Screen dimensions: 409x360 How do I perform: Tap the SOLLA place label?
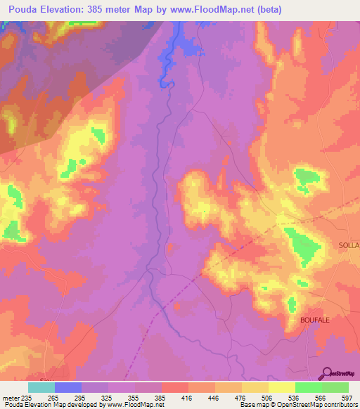[349, 245]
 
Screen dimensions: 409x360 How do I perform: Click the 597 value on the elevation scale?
[347, 397]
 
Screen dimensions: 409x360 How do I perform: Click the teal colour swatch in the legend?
[41, 387]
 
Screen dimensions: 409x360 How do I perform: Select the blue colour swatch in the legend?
[68, 387]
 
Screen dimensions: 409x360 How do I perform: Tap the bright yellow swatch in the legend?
[282, 387]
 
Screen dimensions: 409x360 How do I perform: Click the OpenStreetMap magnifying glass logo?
[327, 374]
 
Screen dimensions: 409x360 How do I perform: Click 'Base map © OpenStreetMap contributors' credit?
[298, 405]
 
